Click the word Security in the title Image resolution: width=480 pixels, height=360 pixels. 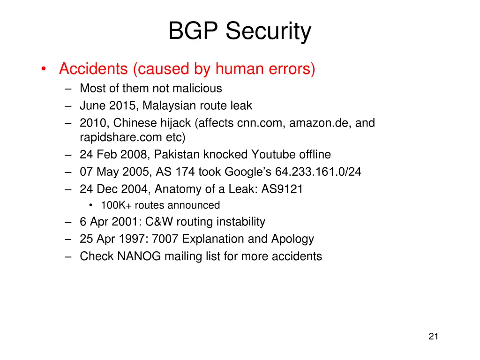click(x=268, y=32)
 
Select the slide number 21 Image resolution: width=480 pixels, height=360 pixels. click(x=433, y=336)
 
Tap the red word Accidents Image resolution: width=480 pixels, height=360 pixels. click(x=93, y=69)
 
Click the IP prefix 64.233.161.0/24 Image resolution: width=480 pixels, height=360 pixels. click(x=318, y=172)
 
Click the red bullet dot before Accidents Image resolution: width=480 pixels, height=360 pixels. click(x=43, y=69)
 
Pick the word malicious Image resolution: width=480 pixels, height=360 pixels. click(x=199, y=89)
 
